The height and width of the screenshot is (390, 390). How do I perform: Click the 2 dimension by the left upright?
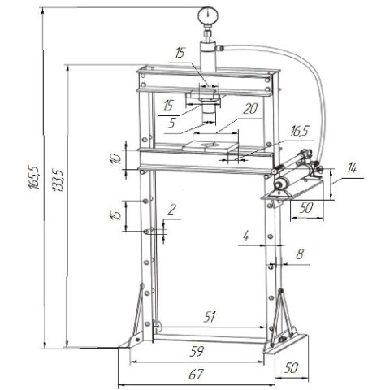pyautogui.click(x=171, y=210)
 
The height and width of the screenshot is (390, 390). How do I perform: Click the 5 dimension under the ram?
pyautogui.click(x=172, y=123)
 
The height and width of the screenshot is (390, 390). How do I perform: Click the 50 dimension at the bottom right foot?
pyautogui.click(x=291, y=366)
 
